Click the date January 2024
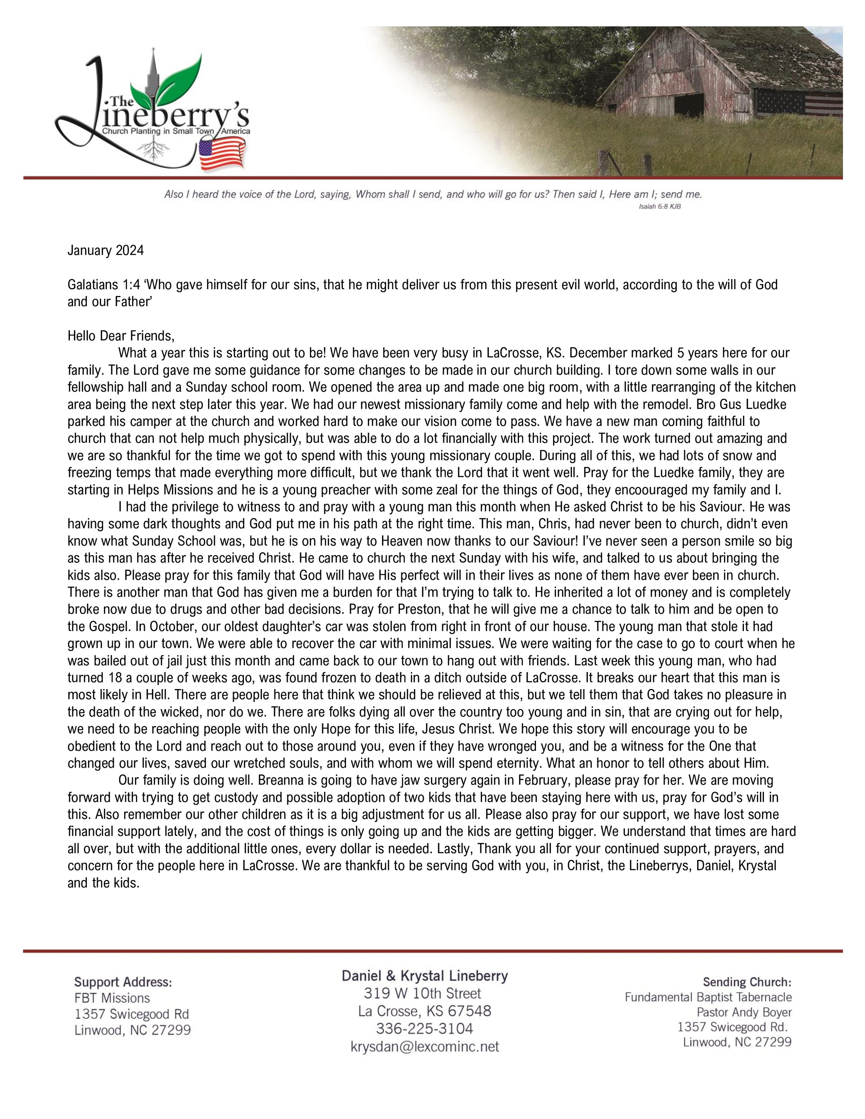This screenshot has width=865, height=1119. [106, 250]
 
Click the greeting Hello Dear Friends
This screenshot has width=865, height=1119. [121, 336]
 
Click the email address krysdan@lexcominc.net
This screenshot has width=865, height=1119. [424, 1047]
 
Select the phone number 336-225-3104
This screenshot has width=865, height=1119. [424, 1029]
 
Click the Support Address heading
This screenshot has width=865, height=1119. [123, 982]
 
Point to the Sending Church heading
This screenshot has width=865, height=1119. [747, 982]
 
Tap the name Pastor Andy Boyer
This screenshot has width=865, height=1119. [744, 1012]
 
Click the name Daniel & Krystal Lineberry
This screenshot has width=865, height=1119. [424, 976]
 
